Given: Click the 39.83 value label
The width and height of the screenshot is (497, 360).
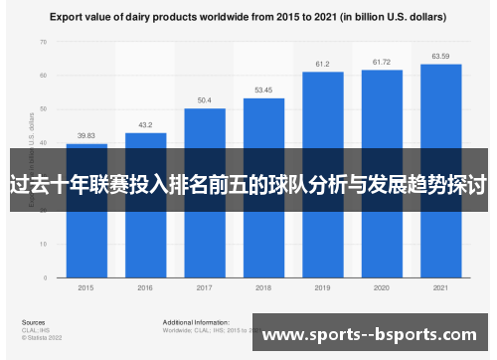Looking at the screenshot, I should (86, 136).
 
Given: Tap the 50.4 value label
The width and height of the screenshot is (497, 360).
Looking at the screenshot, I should (204, 100).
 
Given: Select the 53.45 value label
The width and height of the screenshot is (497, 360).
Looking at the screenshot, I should (263, 90).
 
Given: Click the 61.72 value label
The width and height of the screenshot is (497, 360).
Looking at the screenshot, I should (382, 62).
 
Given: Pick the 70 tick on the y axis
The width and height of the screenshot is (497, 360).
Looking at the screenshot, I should (43, 43).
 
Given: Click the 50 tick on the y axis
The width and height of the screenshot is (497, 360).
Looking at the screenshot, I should (43, 108).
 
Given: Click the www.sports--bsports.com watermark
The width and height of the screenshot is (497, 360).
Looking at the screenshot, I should (368, 335).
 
